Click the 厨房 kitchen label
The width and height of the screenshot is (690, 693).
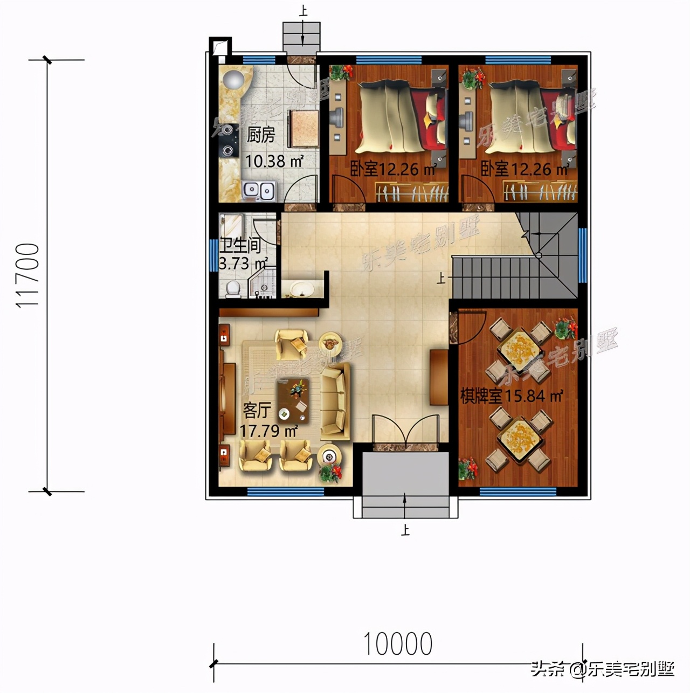click(261, 135)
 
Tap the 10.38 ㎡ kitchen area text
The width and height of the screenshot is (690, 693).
click(274, 161)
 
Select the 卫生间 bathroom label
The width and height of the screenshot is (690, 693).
click(240, 246)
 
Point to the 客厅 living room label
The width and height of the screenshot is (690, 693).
click(257, 411)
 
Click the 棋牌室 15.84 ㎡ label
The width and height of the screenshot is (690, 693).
click(511, 396)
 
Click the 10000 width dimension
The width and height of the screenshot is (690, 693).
click(398, 644)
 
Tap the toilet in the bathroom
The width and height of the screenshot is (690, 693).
click(233, 288)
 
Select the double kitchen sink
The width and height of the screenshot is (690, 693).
click(259, 190)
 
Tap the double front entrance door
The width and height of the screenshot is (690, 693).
click(410, 431)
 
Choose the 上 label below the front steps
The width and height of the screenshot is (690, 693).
click(405, 530)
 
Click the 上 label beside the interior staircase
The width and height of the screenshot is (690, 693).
click(441, 278)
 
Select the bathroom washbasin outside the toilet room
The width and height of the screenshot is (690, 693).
click(302, 289)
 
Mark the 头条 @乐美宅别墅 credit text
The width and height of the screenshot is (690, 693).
click(602, 669)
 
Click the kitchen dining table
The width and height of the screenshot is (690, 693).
click(304, 128)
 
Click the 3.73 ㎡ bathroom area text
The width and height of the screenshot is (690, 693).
click(243, 264)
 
